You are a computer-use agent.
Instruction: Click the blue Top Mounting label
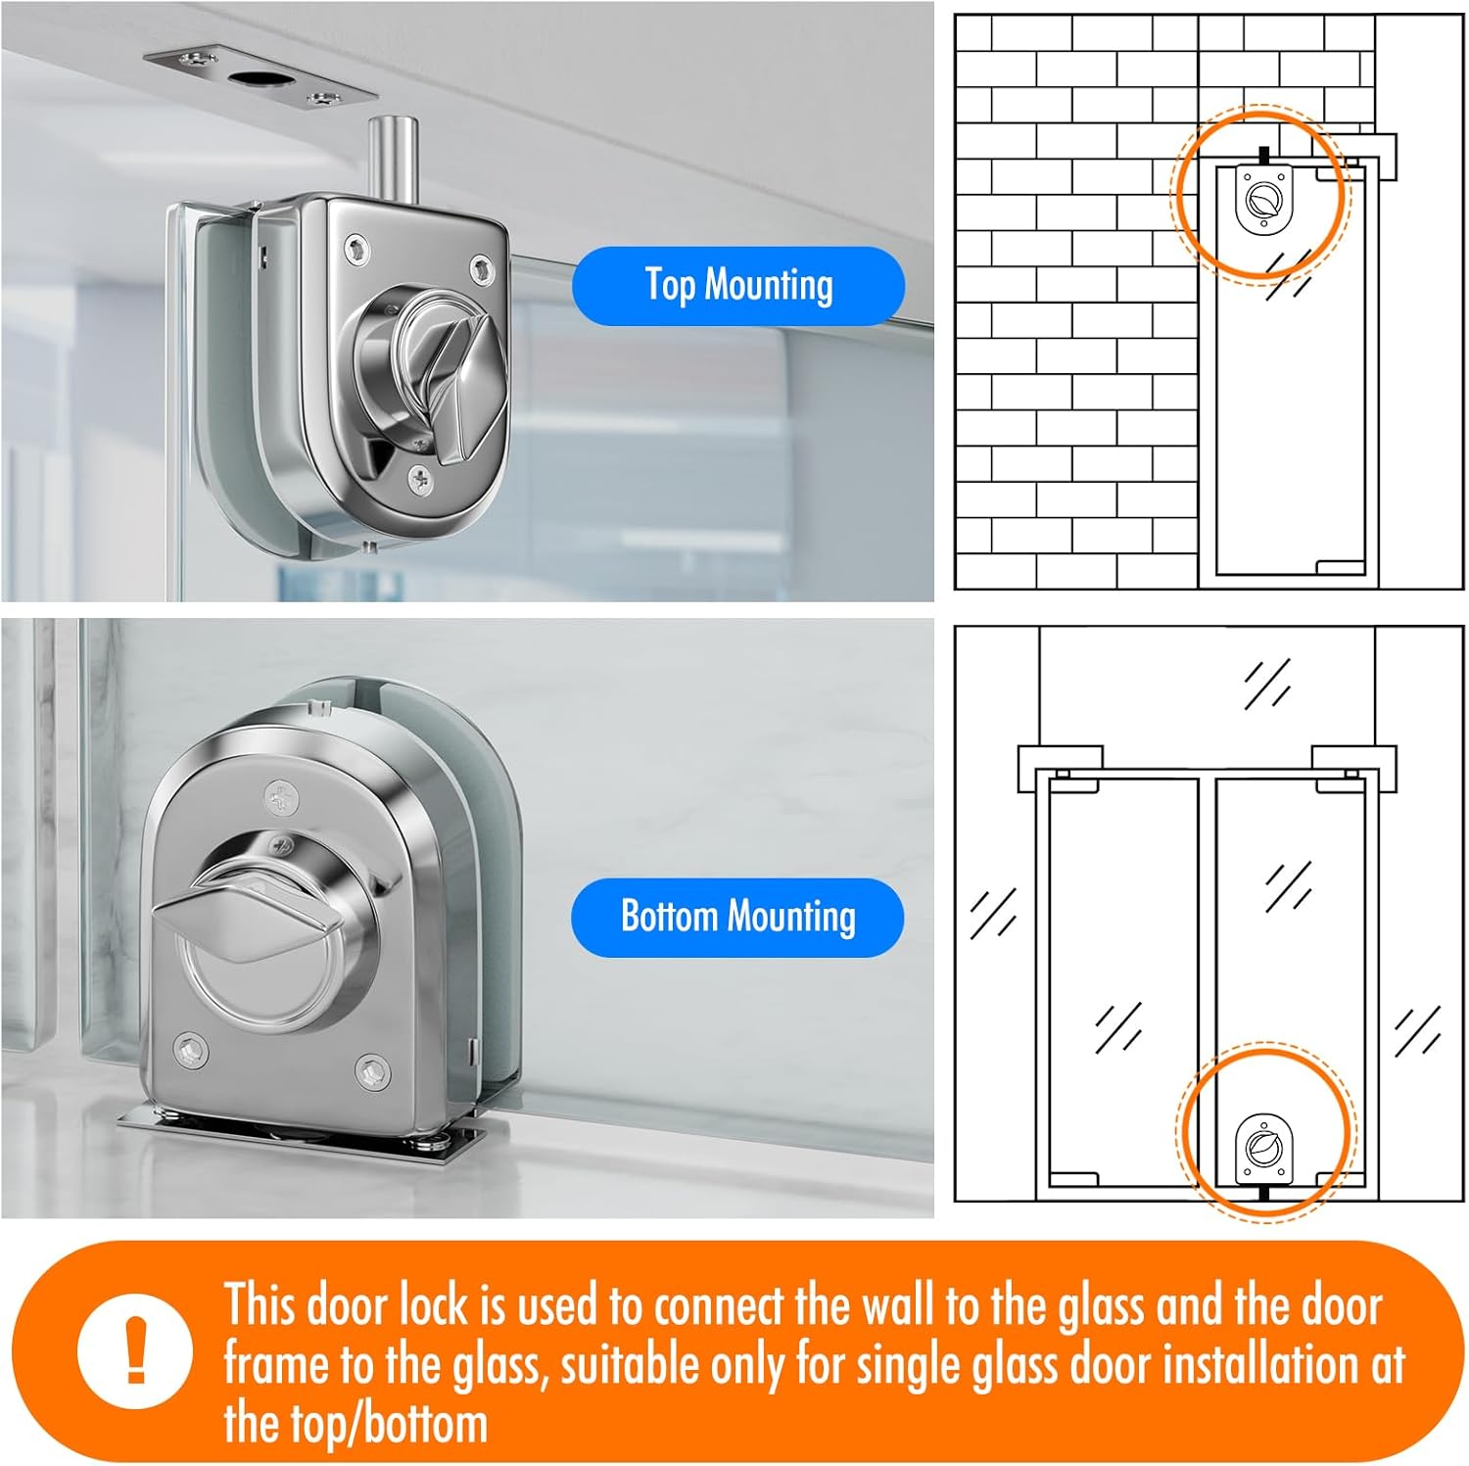(x=738, y=286)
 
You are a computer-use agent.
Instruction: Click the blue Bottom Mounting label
(x=737, y=918)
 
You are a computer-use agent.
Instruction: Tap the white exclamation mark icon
(x=136, y=1350)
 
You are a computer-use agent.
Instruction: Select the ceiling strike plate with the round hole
(x=261, y=78)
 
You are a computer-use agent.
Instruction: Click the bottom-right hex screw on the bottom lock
(x=372, y=1073)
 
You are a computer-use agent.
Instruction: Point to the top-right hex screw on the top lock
(x=482, y=266)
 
